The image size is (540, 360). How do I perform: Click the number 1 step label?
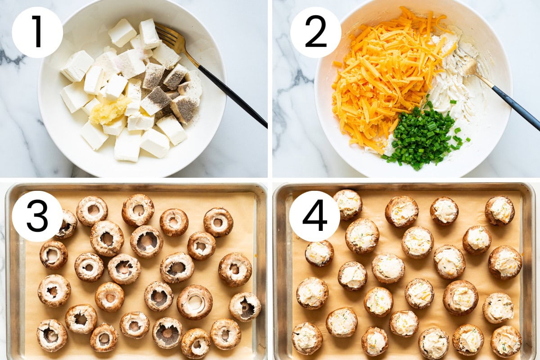tap(37, 32)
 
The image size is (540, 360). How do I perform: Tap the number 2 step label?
tap(315, 32)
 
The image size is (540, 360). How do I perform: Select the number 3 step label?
tap(37, 216)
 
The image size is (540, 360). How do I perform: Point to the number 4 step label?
tap(315, 216)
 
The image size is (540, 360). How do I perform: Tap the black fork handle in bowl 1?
tap(232, 96)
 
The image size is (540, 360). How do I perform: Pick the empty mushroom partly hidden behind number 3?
tap(67, 224)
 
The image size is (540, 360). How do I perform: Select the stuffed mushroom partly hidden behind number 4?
tap(348, 204)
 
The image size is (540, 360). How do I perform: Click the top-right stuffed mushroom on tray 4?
tap(499, 211)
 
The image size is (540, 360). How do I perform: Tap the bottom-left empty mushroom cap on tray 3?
tap(52, 335)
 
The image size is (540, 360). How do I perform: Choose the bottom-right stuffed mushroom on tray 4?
tap(506, 341)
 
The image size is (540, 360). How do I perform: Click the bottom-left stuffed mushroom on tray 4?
tap(307, 338)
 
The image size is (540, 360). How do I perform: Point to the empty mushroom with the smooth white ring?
tap(194, 302)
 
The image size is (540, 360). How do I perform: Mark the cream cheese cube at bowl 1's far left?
tap(76, 66)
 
